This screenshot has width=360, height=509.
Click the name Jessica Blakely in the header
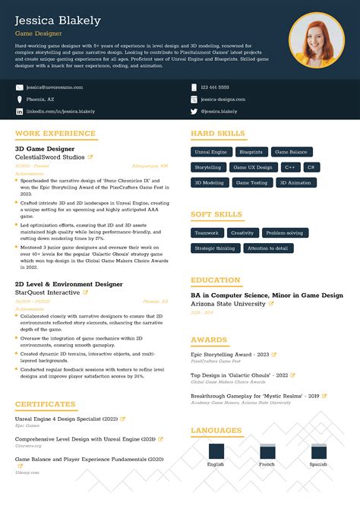click(x=58, y=21)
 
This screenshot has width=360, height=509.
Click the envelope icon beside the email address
click(x=19, y=87)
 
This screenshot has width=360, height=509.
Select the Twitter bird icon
click(x=194, y=112)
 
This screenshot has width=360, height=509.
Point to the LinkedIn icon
click(x=19, y=112)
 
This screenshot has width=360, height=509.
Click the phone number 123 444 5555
click(x=216, y=87)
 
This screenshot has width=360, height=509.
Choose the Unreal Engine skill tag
click(x=210, y=152)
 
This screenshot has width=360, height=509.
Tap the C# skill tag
click(x=311, y=167)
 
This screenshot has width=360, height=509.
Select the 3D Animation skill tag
click(x=295, y=183)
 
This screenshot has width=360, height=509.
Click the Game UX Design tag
click(x=252, y=167)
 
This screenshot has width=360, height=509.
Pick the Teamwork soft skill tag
click(x=206, y=233)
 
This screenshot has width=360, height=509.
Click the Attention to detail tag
click(x=267, y=248)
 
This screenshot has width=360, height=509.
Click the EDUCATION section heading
click(x=215, y=280)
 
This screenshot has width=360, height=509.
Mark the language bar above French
click(x=267, y=452)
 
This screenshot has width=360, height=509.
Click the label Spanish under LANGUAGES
click(x=318, y=464)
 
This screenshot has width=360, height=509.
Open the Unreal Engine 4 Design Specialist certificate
click(x=66, y=419)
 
